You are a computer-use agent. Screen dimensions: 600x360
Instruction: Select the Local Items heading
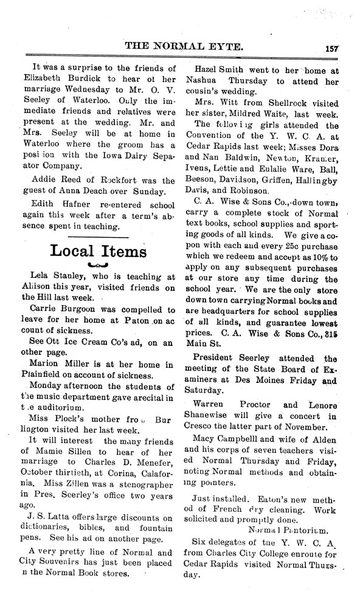click(99, 251)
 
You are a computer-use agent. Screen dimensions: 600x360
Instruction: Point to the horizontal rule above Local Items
click(98, 235)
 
